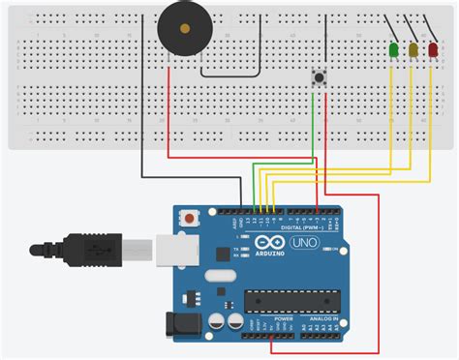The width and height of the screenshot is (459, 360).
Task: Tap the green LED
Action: (x=393, y=49)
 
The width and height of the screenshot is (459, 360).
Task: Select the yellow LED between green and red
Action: (x=413, y=49)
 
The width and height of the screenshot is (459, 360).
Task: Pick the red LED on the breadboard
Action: (x=432, y=49)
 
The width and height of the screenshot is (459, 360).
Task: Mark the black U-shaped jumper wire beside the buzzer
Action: (x=230, y=74)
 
